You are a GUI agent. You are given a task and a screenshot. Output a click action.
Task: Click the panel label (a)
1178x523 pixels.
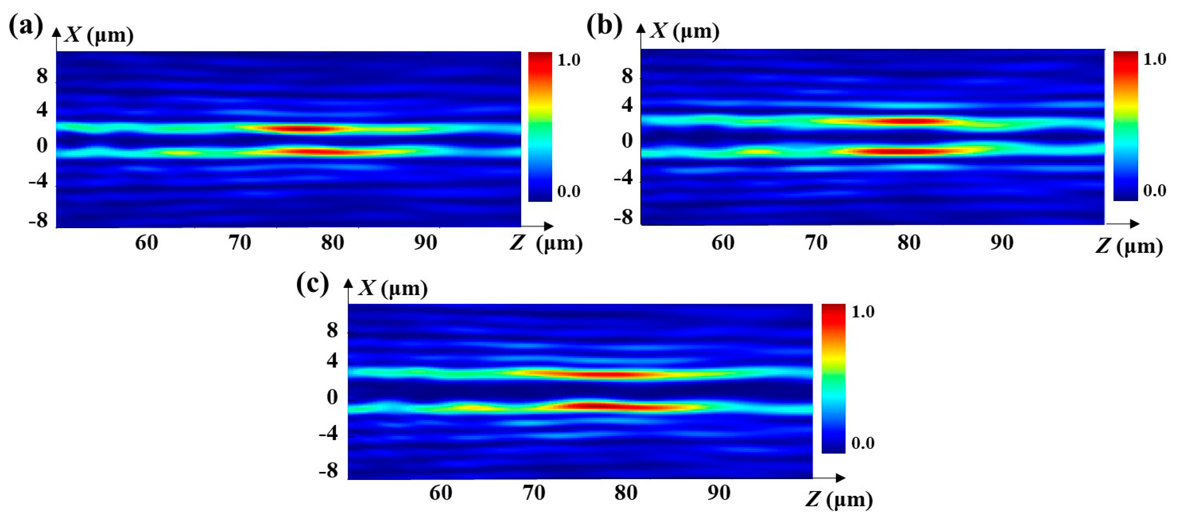pos(26,27)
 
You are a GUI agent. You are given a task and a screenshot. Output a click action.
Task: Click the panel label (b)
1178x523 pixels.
pos(604,26)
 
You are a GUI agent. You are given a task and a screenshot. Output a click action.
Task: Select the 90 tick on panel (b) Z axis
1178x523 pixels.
pos(1002,242)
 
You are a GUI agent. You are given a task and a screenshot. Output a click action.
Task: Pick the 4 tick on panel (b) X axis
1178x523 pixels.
pos(627,105)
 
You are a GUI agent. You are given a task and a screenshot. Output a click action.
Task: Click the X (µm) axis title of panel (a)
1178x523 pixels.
pos(99,35)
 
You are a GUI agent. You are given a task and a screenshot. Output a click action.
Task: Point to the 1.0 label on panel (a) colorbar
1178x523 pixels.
pos(568,60)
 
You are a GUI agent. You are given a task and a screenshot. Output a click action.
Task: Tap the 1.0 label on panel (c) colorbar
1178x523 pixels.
pos(862,312)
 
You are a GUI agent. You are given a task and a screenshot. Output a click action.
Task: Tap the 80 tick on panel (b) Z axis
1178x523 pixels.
pos(908,242)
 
